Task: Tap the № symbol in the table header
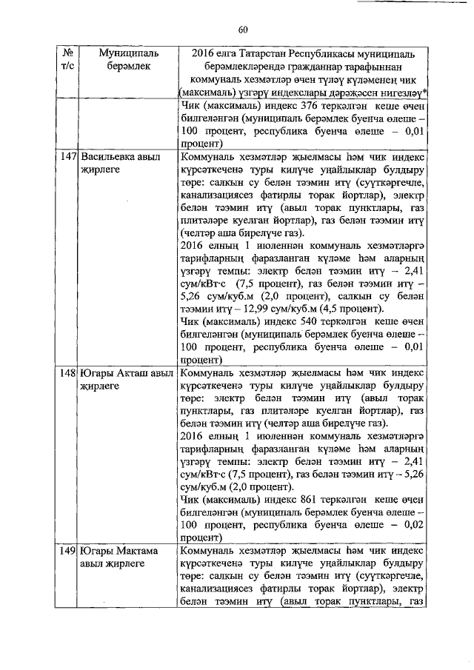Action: pos(68,53)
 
